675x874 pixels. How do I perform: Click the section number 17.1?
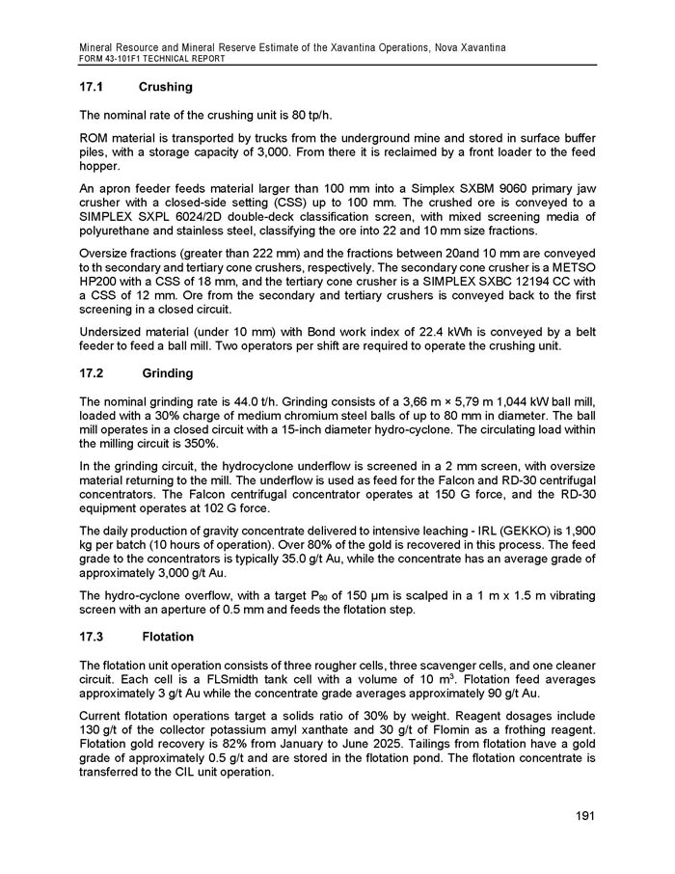[x=93, y=88]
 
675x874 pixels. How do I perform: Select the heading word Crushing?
[x=166, y=88]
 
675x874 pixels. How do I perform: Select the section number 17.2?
[x=93, y=373]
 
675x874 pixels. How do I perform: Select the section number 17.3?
[x=93, y=638]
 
